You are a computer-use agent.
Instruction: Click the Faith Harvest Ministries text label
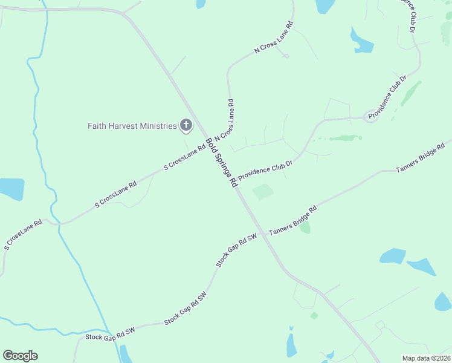pyautogui.click(x=132, y=126)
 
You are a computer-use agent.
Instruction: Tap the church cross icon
pyautogui.click(x=186, y=126)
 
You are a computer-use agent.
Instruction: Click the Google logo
pyautogui.click(x=20, y=356)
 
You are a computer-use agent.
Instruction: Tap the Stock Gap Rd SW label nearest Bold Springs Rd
pyautogui.click(x=237, y=250)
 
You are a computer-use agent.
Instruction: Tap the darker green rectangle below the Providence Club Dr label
pyautogui.click(x=263, y=192)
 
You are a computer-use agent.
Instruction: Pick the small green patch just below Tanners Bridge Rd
pyautogui.click(x=305, y=227)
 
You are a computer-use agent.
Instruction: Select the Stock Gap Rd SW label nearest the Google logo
pyautogui.click(x=110, y=336)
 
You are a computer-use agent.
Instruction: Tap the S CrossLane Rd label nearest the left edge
pyautogui.click(x=23, y=235)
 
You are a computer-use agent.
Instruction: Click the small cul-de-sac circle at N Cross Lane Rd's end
pyautogui.click(x=286, y=56)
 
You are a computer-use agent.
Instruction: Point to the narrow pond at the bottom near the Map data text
pyautogui.click(x=291, y=344)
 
